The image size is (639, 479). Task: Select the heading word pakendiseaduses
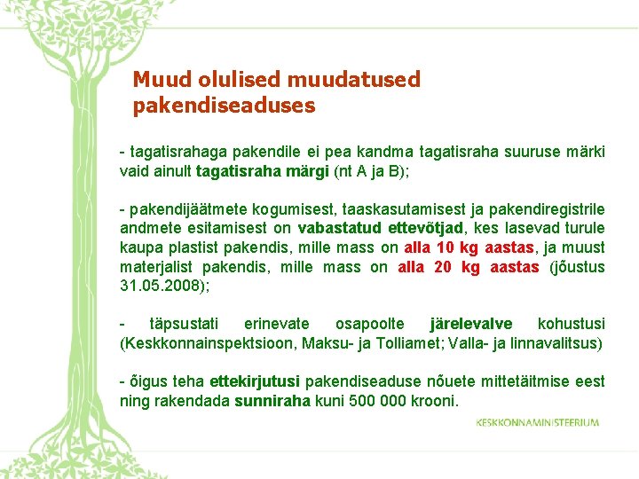(x=224, y=106)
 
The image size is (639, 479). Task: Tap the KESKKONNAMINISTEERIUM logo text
(x=537, y=422)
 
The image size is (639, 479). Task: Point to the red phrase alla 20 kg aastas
(x=468, y=267)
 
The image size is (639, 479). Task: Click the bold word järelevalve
(x=470, y=324)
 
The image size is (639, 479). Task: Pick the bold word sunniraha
(x=272, y=401)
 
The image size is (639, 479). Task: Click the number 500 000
(x=377, y=401)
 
